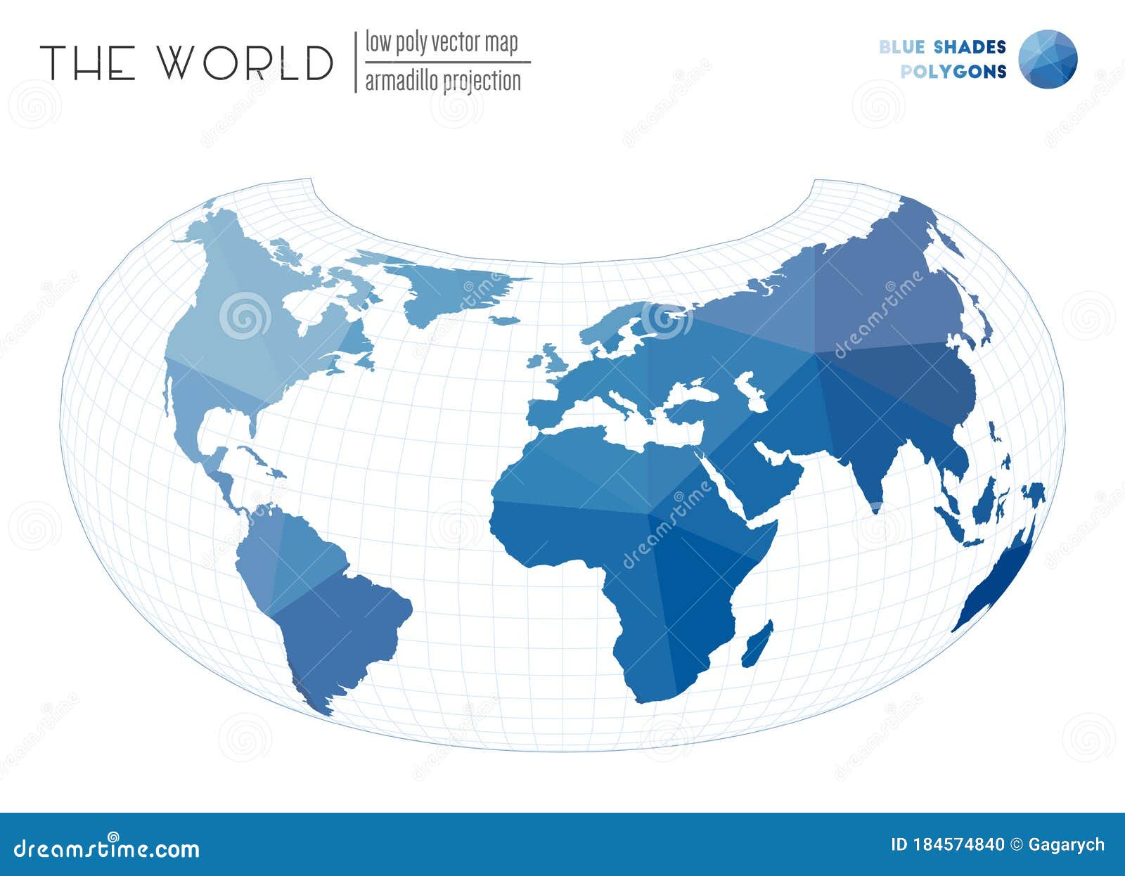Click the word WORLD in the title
point(244,63)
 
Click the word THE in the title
point(87,63)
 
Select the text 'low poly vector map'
point(441,43)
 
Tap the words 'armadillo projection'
point(443,82)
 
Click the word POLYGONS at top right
point(953,72)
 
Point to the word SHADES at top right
point(970,47)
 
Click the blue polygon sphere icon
point(1048,59)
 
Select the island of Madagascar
point(758,644)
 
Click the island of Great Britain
point(551,359)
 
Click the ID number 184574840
point(947,844)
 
